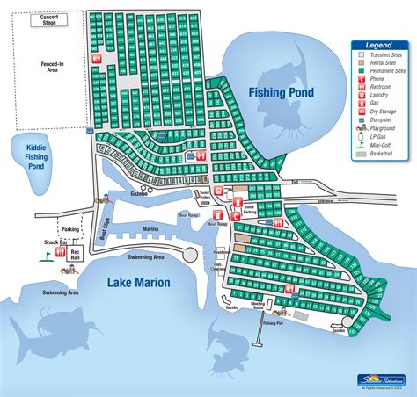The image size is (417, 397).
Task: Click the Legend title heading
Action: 380,45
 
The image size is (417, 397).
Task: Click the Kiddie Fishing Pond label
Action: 35,156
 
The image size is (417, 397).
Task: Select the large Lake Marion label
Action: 139,282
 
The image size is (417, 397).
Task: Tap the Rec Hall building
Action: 76,253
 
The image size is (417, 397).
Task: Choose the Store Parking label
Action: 249,209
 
